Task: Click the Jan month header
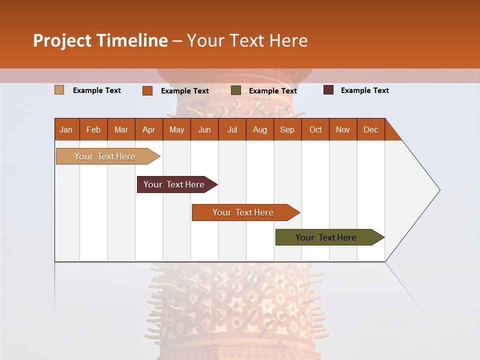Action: point(66,129)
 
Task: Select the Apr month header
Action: point(149,129)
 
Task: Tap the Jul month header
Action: point(232,129)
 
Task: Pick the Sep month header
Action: point(287,129)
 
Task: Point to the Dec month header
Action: point(370,129)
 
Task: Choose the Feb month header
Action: point(93,129)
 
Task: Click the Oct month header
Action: point(315,129)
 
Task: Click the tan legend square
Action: point(59,90)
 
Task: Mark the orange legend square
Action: point(147,90)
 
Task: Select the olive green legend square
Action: point(236,90)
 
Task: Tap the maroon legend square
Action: point(328,90)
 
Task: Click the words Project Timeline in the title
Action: point(100,40)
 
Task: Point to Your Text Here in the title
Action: point(247,40)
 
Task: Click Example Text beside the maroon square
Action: point(364,90)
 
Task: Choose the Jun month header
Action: point(204,129)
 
